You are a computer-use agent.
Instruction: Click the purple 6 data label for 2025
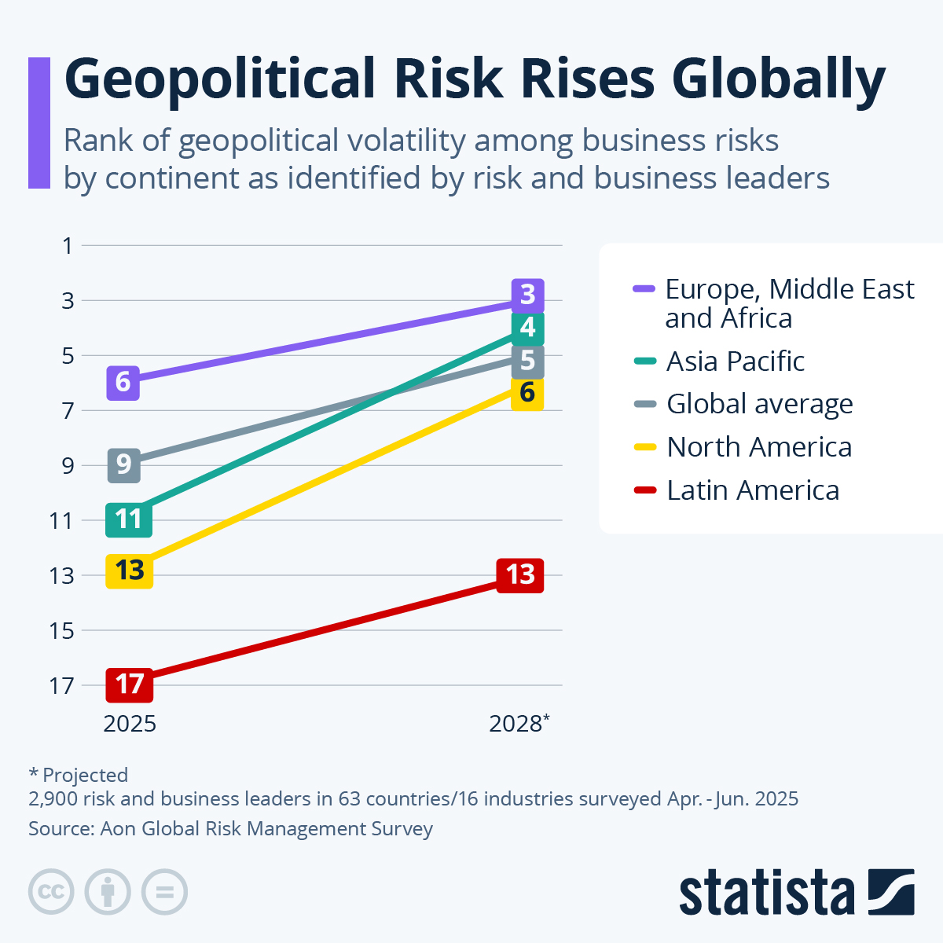point(123,383)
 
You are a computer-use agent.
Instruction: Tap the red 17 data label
point(130,684)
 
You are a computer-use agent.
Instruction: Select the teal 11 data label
point(129,519)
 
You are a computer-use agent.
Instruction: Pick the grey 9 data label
point(123,465)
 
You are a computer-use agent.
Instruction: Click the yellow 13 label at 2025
point(130,570)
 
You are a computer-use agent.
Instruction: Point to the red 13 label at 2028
point(520,575)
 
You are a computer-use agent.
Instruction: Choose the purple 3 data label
point(527,295)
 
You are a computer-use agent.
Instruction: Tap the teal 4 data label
point(527,328)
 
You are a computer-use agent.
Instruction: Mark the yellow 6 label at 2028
point(527,392)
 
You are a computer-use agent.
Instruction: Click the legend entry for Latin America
point(752,490)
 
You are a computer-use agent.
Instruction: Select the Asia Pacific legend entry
point(735,361)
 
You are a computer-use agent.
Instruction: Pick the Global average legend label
point(759,404)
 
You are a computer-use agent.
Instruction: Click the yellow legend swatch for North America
point(644,447)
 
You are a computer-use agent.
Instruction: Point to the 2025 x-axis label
point(130,723)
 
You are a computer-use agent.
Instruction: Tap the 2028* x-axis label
point(519,723)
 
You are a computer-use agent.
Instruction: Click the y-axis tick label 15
point(61,630)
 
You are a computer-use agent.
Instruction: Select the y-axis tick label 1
point(68,246)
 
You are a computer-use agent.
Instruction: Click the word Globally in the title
point(779,80)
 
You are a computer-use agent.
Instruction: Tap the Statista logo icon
point(891,892)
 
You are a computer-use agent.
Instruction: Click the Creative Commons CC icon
point(51,892)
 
